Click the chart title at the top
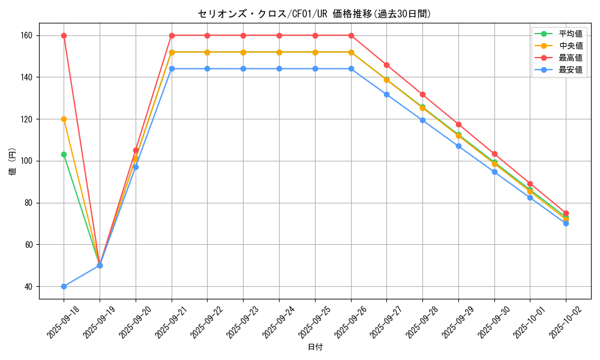pyautogui.click(x=314, y=14)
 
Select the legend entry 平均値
pyautogui.click(x=570, y=34)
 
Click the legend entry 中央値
pyautogui.click(x=570, y=46)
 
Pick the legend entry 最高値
pyautogui.click(x=570, y=58)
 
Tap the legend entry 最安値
pyautogui.click(x=570, y=70)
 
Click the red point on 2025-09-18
pyautogui.click(x=64, y=35)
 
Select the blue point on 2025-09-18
pyautogui.click(x=64, y=286)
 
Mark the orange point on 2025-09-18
pyautogui.click(x=64, y=119)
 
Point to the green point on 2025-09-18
pyautogui.click(x=64, y=154)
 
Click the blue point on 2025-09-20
pyautogui.click(x=136, y=167)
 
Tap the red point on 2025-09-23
pyautogui.click(x=243, y=35)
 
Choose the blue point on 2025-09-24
pyautogui.click(x=279, y=68)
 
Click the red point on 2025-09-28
pyautogui.click(x=422, y=94)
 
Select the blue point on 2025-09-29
pyautogui.click(x=458, y=146)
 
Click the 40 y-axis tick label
pyautogui.click(x=28, y=286)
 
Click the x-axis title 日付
pyautogui.click(x=314, y=347)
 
